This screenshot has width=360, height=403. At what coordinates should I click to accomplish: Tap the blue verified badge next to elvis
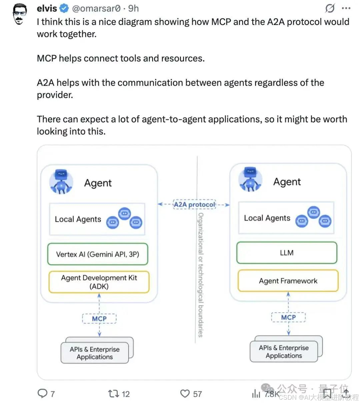click(64, 8)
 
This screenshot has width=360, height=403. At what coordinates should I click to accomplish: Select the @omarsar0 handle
click(96, 8)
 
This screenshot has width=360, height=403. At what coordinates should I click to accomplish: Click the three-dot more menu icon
click(346, 8)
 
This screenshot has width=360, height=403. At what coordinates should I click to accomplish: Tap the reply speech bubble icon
click(42, 394)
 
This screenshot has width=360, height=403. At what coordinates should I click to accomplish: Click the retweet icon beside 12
click(113, 394)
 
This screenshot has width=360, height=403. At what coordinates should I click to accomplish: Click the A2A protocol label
click(194, 204)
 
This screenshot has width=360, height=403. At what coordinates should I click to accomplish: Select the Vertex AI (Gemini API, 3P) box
click(98, 254)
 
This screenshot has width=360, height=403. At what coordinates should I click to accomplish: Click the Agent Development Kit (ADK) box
click(99, 282)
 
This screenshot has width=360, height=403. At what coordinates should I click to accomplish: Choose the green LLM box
click(287, 253)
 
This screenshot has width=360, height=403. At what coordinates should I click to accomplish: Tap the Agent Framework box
click(288, 281)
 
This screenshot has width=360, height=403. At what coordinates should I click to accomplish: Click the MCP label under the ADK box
click(99, 319)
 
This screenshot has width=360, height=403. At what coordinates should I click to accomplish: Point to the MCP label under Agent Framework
click(288, 317)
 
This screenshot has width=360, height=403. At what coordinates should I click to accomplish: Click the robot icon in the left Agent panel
click(61, 182)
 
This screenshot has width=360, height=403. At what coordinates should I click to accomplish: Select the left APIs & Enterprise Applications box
click(95, 353)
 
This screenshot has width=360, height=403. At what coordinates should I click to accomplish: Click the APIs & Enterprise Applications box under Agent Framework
click(284, 352)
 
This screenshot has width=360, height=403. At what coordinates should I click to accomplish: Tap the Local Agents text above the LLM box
click(267, 218)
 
